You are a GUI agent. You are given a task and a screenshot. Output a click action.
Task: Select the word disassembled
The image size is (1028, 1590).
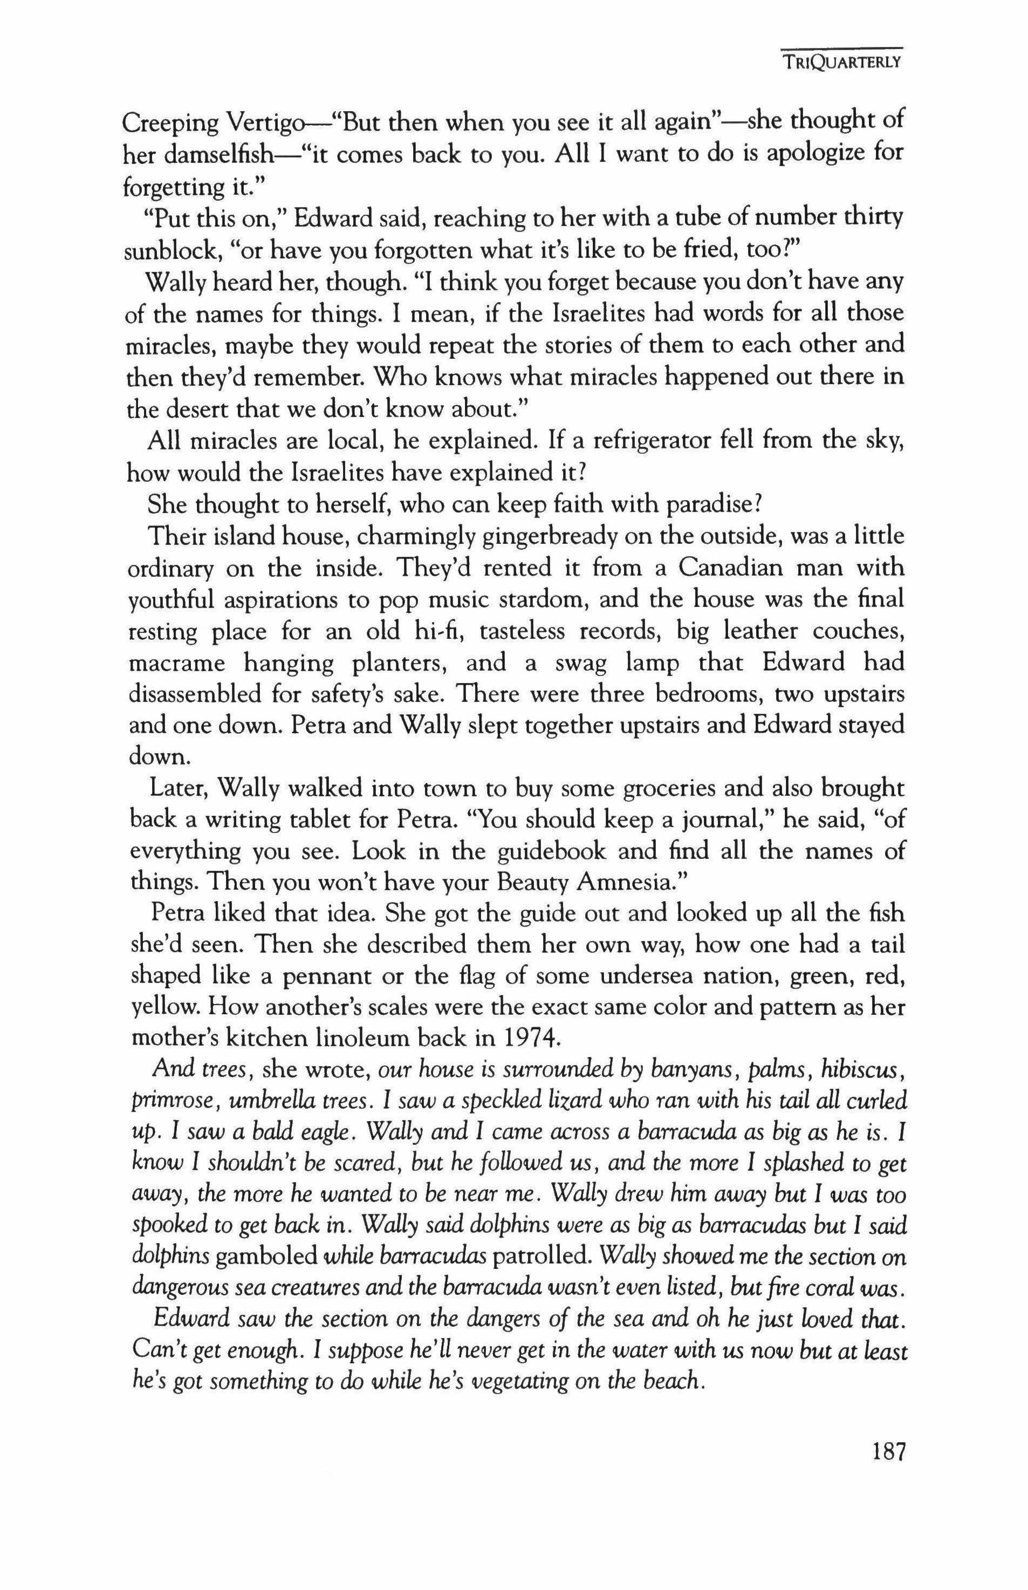tap(194, 695)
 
